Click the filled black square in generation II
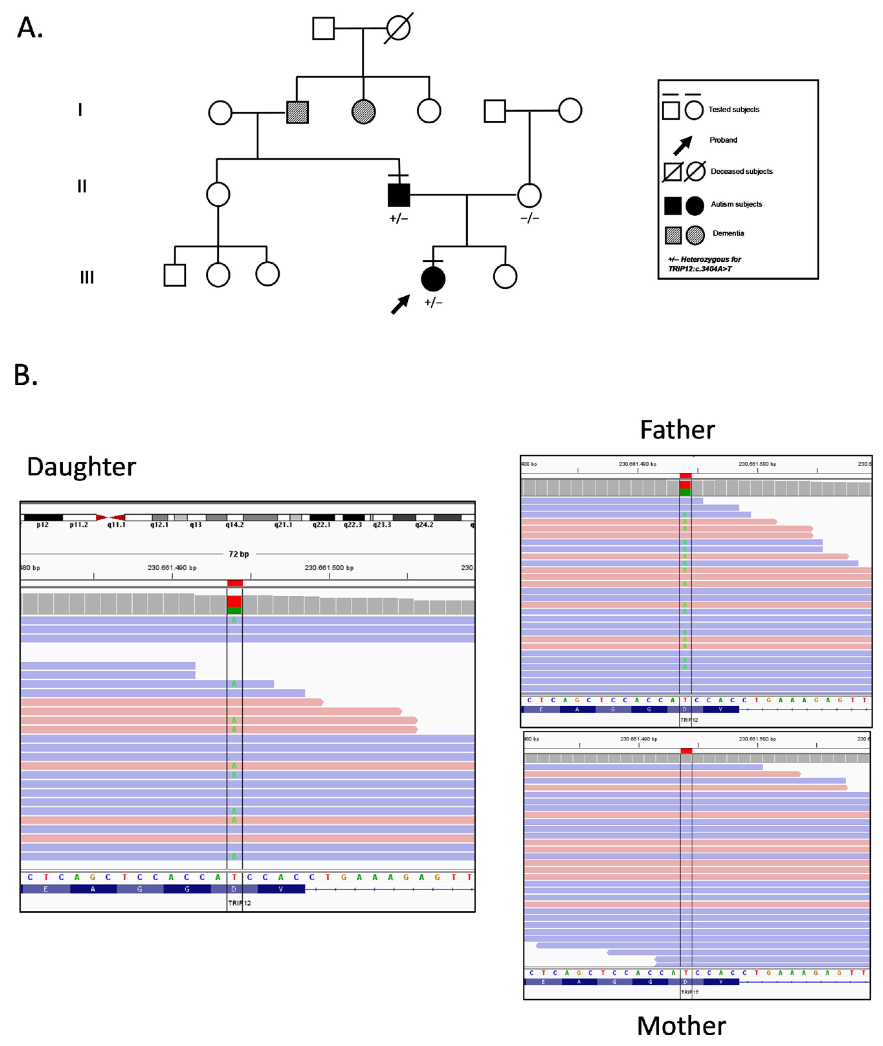[x=399, y=195]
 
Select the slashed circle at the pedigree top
[x=398, y=28]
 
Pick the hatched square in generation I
[x=297, y=112]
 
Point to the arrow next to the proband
[x=400, y=304]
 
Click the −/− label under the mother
[x=530, y=218]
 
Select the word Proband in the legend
[x=723, y=140]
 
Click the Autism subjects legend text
[x=736, y=204]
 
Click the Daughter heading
[x=81, y=467]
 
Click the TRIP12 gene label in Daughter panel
[x=239, y=903]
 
